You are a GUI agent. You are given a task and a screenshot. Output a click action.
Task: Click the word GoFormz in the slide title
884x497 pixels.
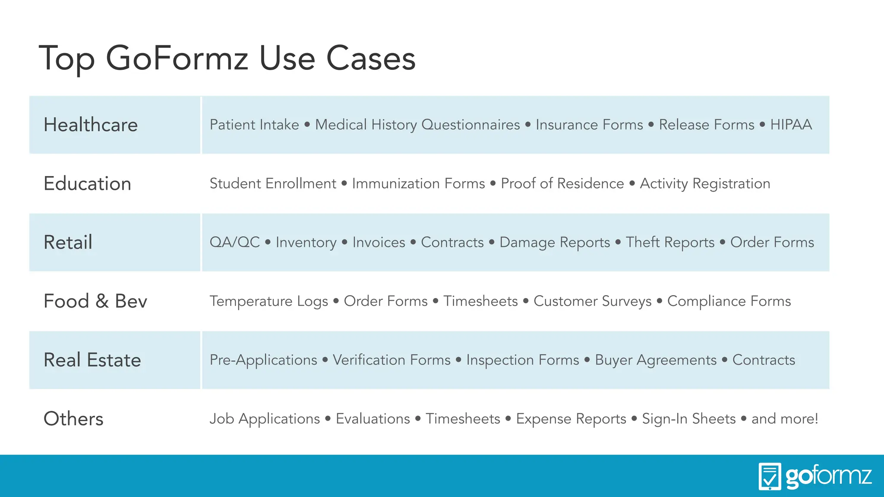pyautogui.click(x=177, y=58)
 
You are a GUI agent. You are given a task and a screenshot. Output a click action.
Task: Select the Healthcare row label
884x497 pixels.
pyautogui.click(x=91, y=125)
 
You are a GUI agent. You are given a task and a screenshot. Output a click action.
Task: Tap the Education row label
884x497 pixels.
pyautogui.click(x=87, y=183)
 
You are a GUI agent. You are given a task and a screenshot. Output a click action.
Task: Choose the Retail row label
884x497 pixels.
pyautogui.click(x=68, y=242)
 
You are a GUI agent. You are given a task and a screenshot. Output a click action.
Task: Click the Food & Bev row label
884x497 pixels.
pyautogui.click(x=95, y=301)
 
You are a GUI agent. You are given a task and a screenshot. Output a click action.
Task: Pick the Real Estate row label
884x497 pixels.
pyautogui.click(x=92, y=360)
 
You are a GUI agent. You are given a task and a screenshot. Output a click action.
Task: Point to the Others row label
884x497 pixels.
pyautogui.click(x=73, y=418)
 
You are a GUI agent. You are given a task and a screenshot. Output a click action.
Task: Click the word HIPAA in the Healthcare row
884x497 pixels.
pyautogui.click(x=791, y=125)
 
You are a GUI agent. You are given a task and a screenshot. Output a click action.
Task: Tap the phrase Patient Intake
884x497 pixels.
pyautogui.click(x=254, y=125)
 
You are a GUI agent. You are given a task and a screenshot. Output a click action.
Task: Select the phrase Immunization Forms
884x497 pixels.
pyautogui.click(x=418, y=183)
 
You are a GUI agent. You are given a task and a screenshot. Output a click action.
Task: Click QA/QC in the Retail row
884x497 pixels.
pyautogui.click(x=235, y=242)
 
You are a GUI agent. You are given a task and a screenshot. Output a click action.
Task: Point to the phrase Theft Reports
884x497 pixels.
pyautogui.click(x=670, y=242)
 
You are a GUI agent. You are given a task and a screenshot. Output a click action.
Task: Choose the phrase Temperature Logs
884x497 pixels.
pyautogui.click(x=268, y=301)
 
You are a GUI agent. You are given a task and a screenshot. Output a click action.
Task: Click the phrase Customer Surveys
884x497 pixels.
pyautogui.click(x=592, y=301)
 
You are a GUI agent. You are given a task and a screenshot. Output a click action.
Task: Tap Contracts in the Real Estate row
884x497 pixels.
pyautogui.click(x=764, y=360)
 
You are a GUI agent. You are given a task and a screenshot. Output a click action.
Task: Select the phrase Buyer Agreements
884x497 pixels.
pyautogui.click(x=656, y=360)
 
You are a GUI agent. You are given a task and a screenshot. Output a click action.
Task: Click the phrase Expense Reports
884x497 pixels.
pyautogui.click(x=571, y=419)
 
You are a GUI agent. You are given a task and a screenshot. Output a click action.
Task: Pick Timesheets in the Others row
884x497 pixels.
pyautogui.click(x=463, y=418)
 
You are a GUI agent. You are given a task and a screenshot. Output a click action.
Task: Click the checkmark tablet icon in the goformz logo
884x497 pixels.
pyautogui.click(x=770, y=476)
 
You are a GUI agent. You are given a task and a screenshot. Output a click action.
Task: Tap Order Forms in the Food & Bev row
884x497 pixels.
pyautogui.click(x=385, y=301)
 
